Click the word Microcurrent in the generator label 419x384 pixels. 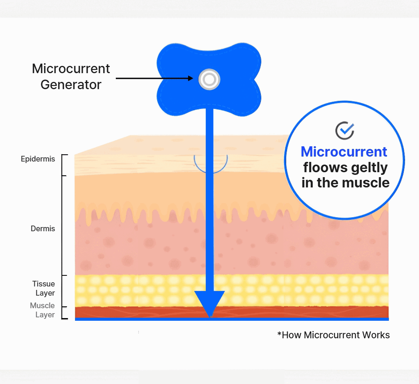pos(71,69)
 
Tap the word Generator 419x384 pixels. pos(71,85)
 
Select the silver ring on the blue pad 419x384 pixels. pos(209,80)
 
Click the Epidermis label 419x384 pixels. pos(38,159)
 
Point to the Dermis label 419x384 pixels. pos(43,229)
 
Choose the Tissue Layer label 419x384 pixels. pos(43,288)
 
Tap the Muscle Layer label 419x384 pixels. pos(42,310)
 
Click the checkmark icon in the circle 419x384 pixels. pos(345,130)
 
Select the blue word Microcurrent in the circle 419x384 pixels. pos(344,152)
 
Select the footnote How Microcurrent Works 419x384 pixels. pos(333,335)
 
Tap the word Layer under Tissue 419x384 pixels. pos(45,293)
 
